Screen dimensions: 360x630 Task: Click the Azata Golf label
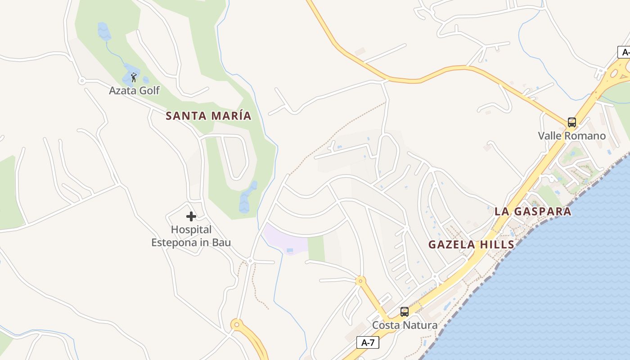[134, 90]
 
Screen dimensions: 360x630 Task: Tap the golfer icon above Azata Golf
[134, 77]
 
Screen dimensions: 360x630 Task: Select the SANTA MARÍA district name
[208, 116]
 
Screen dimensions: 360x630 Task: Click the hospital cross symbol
[191, 216]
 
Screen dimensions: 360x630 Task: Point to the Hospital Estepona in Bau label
[191, 236]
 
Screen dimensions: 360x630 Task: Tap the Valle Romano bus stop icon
[571, 122]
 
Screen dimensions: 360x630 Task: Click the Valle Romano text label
[571, 136]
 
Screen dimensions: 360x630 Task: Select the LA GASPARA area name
[533, 211]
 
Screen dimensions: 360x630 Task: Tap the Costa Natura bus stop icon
[405, 311]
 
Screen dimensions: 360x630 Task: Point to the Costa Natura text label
[405, 325]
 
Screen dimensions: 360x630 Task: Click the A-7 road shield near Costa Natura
[368, 342]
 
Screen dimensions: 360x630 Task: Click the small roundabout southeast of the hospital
[250, 261]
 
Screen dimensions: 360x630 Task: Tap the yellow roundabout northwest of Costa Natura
[360, 281]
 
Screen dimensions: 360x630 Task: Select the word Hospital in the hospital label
[191, 230]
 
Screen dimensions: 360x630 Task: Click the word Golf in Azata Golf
[149, 90]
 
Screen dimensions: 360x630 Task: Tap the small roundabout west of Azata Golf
[81, 81]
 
